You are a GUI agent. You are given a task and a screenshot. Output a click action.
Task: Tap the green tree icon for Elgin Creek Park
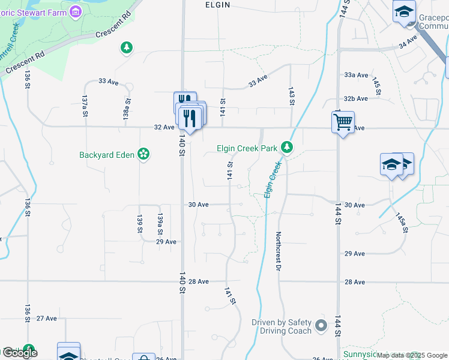pyautogui.click(x=288, y=147)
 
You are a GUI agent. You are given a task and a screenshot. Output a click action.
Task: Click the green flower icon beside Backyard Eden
pyautogui.click(x=143, y=154)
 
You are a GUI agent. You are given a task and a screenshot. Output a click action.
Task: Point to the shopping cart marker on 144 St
pyautogui.click(x=343, y=122)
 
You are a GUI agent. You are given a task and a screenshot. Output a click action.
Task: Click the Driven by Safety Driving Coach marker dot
pyautogui.click(x=321, y=326)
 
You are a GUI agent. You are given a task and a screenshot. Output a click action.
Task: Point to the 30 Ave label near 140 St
pyautogui.click(x=198, y=205)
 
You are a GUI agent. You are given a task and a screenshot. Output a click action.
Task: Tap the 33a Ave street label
pyautogui.click(x=356, y=75)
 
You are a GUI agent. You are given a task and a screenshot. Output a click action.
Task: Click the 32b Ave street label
pyautogui.click(x=356, y=98)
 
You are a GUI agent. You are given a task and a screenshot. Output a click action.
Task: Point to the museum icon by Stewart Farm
pyautogui.click(x=75, y=11)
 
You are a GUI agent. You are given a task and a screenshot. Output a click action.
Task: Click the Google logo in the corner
pyautogui.click(x=20, y=352)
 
